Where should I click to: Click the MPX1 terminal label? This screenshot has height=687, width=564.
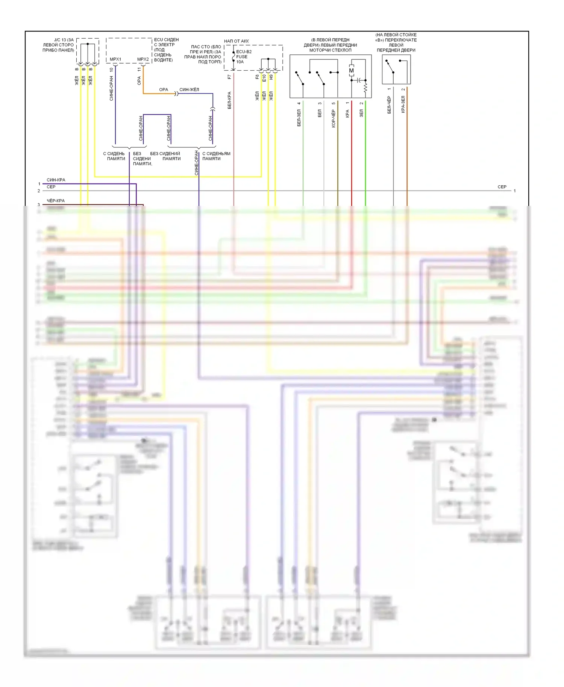[x=115, y=59]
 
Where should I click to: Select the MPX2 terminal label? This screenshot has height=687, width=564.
[x=143, y=59]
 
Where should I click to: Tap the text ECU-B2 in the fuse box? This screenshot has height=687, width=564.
[x=244, y=52]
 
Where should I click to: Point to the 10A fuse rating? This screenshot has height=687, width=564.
[x=240, y=62]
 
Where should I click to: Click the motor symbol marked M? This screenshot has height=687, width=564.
[x=352, y=71]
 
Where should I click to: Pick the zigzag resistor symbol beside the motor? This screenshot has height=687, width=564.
[x=365, y=88]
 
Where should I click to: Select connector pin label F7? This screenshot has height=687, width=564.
[x=230, y=77]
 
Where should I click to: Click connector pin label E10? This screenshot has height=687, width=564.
[x=264, y=78]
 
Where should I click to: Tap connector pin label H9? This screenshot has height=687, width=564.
[x=271, y=77]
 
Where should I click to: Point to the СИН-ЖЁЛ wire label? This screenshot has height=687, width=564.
[x=189, y=89]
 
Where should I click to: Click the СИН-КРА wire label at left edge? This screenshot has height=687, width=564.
[x=56, y=180]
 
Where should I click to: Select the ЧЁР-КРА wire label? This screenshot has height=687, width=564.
[x=56, y=201]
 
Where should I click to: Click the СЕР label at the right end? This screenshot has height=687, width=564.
[x=502, y=187]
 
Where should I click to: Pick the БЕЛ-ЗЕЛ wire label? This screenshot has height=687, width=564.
[x=299, y=118]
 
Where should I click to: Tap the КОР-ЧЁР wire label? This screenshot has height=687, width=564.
[x=334, y=119]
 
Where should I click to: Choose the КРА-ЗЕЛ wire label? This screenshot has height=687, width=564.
[x=403, y=104]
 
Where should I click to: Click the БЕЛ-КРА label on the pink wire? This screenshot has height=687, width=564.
[x=229, y=100]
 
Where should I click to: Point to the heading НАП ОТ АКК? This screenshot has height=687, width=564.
[x=237, y=41]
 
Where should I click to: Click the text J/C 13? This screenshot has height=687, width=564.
[x=60, y=40]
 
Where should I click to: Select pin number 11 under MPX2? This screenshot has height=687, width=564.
[x=139, y=70]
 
